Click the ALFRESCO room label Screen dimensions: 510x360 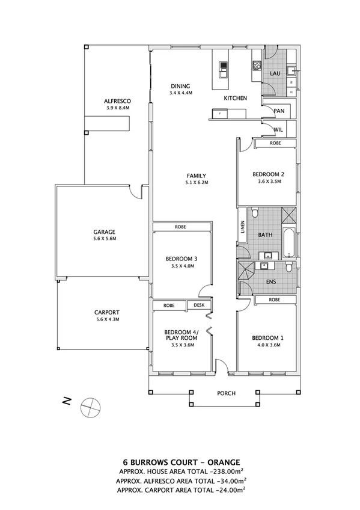point(118,101)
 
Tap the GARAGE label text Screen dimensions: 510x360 point(104,232)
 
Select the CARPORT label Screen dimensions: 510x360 point(107,312)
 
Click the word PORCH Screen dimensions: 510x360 point(227,394)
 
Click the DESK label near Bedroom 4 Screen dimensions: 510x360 point(199,305)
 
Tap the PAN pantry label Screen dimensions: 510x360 point(278,111)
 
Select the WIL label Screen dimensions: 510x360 point(278,129)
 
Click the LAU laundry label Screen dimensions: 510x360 point(275,73)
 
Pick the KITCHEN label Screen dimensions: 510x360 point(236,97)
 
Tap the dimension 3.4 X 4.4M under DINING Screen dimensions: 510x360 point(180,93)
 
